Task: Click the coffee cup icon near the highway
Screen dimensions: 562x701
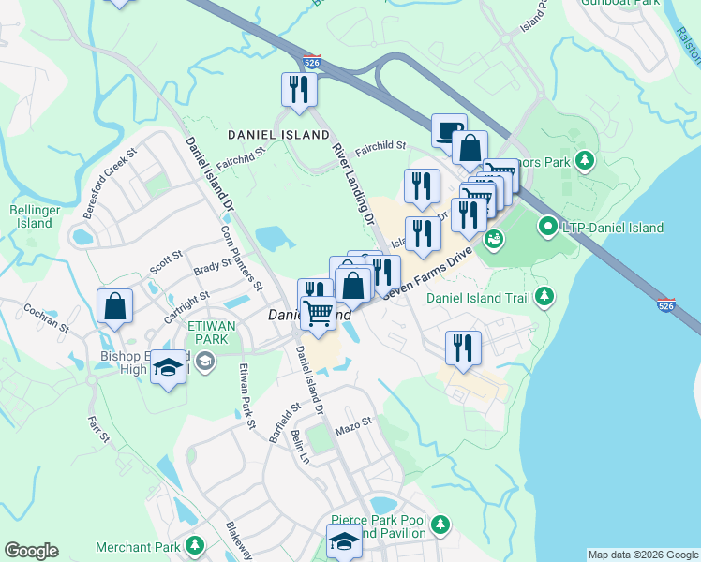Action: pyautogui.click(x=449, y=128)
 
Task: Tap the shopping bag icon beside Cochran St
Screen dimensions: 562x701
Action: pyautogui.click(x=114, y=306)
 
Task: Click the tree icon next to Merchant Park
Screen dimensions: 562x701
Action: pyautogui.click(x=195, y=545)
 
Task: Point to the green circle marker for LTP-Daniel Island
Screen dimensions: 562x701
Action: pyautogui.click(x=548, y=227)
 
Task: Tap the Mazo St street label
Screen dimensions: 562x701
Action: pyautogui.click(x=354, y=426)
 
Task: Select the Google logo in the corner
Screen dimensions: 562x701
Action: pyautogui.click(x=31, y=551)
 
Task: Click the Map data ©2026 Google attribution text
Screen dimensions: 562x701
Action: pyautogui.click(x=642, y=555)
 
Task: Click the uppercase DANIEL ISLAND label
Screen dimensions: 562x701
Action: pyautogui.click(x=265, y=136)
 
